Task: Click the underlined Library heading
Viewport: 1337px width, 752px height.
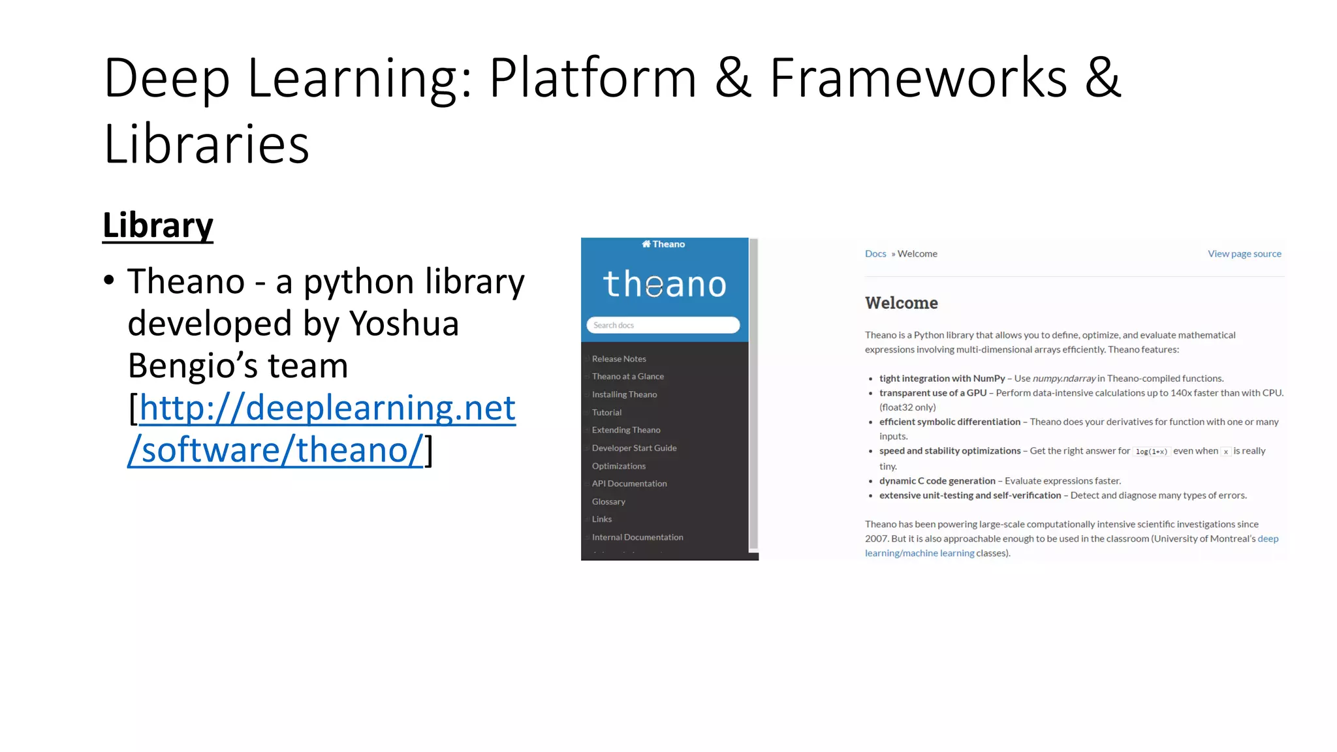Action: coord(158,226)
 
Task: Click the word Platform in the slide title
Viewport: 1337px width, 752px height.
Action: coord(593,78)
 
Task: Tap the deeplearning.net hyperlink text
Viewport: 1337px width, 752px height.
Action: coord(327,408)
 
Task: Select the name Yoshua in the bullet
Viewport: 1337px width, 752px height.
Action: coord(404,324)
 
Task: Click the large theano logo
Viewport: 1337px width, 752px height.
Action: coord(665,284)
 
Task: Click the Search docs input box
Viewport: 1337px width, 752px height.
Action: coord(663,325)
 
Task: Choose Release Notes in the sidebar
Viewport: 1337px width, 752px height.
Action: coord(619,359)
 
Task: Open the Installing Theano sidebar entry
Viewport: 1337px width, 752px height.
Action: coord(624,394)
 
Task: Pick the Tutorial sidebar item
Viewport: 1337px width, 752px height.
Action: coord(606,413)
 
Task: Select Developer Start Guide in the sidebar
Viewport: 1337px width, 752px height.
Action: coord(634,448)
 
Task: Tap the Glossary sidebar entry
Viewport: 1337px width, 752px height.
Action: coord(608,501)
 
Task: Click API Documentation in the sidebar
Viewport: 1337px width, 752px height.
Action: coord(629,484)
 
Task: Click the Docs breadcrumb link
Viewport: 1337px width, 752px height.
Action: coord(875,254)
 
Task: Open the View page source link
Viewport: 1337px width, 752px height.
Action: coord(1244,254)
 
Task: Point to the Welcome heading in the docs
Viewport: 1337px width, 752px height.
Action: coord(901,303)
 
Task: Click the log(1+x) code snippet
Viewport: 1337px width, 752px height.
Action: coord(1151,452)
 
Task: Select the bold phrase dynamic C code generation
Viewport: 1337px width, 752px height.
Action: coord(937,481)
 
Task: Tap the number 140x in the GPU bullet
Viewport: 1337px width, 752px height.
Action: coord(1181,393)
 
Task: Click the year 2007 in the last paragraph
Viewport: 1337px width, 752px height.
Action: coord(876,539)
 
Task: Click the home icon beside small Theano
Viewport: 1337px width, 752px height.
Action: coord(646,244)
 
